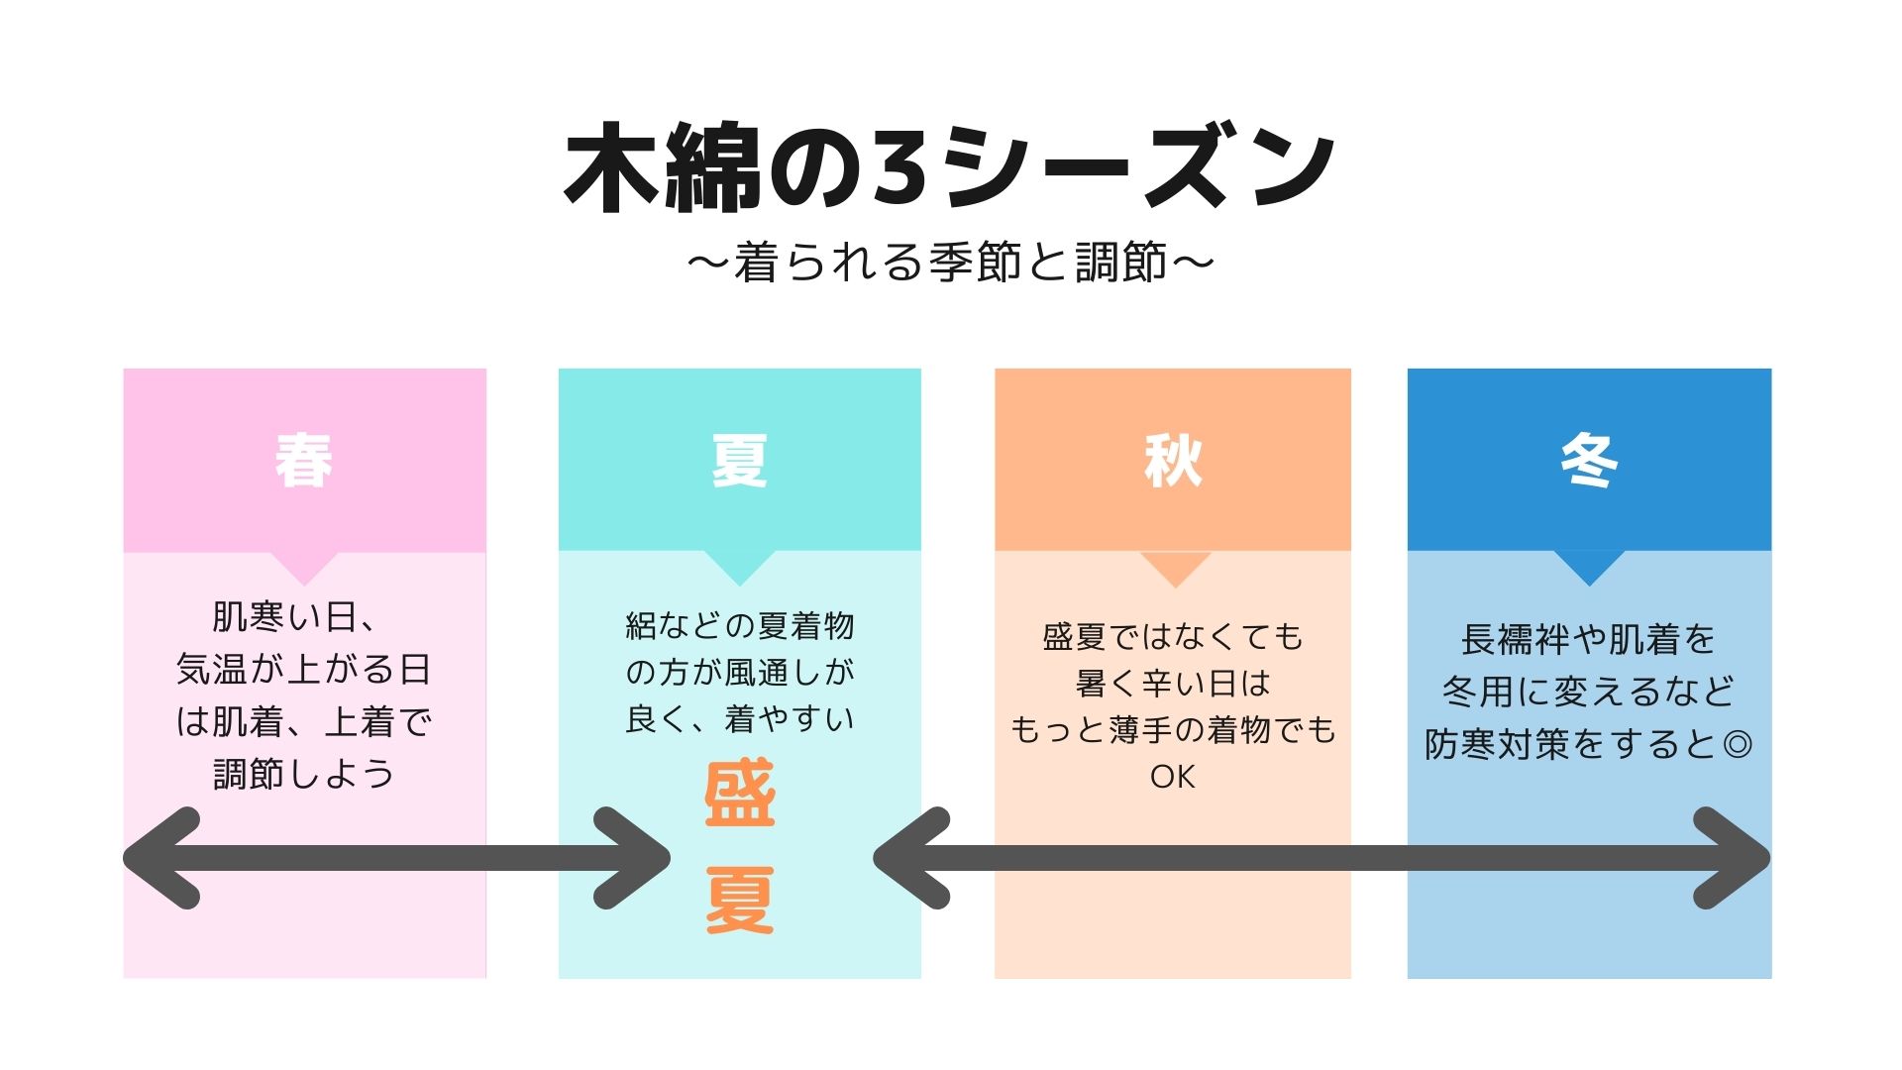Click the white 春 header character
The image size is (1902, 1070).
303,461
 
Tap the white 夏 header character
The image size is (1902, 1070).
739,461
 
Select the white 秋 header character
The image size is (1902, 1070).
1173,461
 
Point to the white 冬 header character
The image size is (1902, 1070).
1589,461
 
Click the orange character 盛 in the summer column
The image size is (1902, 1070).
739,794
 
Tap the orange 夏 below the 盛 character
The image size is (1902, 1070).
739,900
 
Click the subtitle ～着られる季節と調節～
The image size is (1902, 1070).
950,263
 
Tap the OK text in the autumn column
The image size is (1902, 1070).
1173,777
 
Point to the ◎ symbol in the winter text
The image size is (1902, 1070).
1738,744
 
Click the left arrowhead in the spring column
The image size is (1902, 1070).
163,858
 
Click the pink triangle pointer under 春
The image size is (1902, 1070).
304,567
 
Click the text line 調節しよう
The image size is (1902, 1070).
303,774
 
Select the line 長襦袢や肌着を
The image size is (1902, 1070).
1588,639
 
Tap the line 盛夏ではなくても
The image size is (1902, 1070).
1173,636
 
